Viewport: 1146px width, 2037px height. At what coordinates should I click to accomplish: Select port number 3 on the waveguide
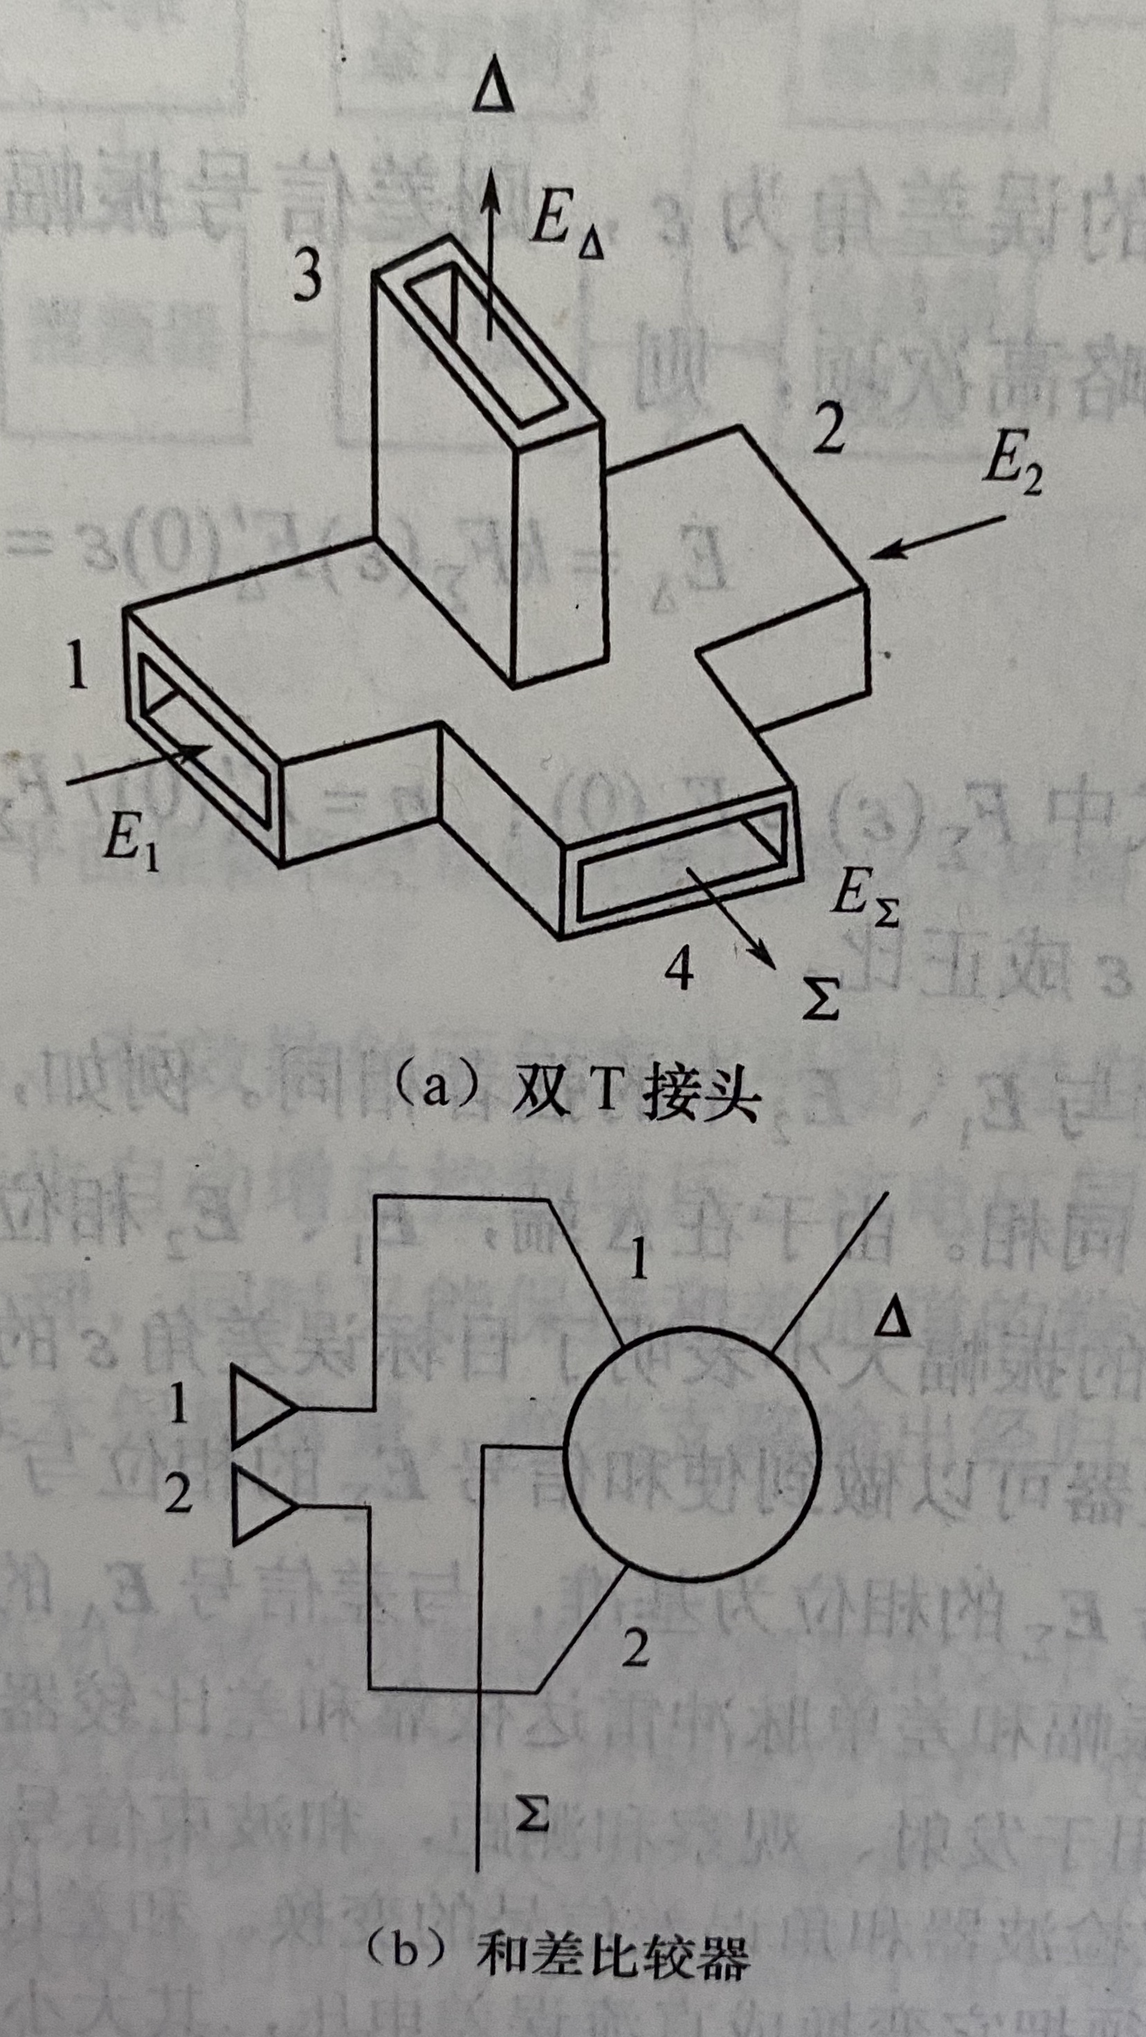308,277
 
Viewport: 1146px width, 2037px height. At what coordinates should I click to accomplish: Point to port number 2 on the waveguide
828,433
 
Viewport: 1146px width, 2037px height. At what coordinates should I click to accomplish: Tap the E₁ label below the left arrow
131,847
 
